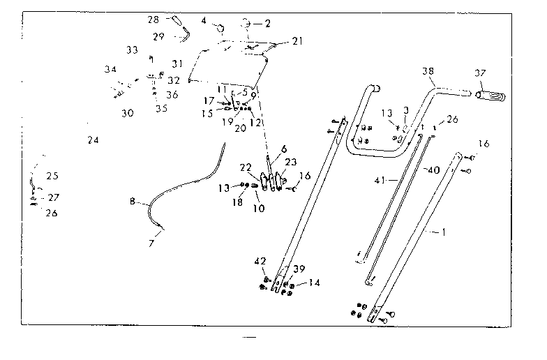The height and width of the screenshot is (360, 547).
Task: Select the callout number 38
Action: coord(428,72)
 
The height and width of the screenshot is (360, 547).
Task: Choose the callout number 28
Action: coord(154,20)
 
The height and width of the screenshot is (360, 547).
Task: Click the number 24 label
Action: coord(93,140)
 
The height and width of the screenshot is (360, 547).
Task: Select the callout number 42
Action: coord(261,261)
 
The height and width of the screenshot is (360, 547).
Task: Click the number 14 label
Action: coord(314,283)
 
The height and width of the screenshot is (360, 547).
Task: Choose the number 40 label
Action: coord(434,169)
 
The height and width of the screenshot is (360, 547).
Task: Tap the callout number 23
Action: coord(290,161)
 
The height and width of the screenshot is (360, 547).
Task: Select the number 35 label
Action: coord(162,108)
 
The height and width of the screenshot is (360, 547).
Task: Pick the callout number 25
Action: coord(52,176)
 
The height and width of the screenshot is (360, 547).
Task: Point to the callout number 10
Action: coord(258,207)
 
